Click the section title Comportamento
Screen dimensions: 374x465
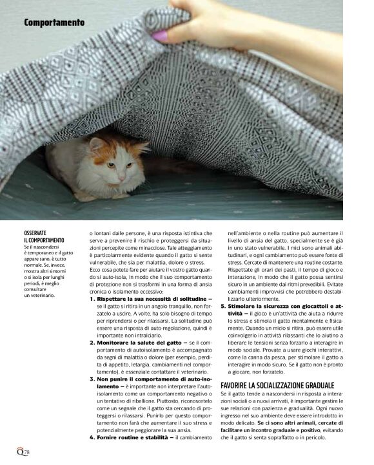[54, 23]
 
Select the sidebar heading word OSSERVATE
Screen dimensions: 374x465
[35, 232]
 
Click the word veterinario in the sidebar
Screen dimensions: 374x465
[43, 295]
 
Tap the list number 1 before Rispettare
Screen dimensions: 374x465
[92, 299]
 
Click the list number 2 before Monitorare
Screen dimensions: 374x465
[92, 343]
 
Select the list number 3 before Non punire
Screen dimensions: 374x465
[92, 379]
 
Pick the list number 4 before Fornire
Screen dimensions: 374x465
[92, 437]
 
